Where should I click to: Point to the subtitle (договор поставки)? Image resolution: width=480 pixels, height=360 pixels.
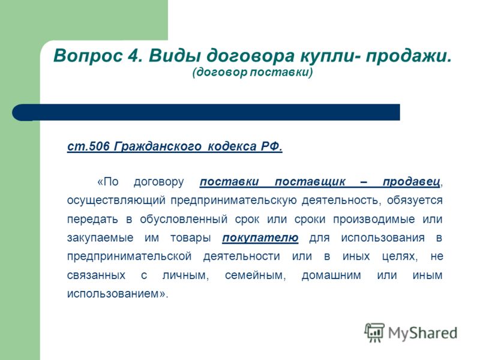(253, 72)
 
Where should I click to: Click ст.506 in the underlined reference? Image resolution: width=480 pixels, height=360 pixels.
(88, 146)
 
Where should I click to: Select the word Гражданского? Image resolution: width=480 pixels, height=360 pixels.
(158, 146)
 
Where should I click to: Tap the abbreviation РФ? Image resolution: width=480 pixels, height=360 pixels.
(272, 146)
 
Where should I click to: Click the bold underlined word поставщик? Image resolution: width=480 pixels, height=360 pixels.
(310, 182)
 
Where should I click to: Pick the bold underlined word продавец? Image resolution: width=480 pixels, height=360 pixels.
(412, 182)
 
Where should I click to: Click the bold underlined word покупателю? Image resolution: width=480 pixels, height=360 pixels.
(260, 238)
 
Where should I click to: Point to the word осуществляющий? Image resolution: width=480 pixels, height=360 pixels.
(116, 200)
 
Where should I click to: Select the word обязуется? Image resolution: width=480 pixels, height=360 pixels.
(415, 200)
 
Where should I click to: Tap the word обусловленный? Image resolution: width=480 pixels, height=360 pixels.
(184, 219)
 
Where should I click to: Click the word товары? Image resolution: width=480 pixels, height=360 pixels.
(191, 238)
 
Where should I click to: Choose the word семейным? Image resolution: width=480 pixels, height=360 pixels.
(256, 275)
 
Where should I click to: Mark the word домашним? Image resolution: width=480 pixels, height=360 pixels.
(331, 275)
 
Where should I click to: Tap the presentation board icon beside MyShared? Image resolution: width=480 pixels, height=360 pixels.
(374, 332)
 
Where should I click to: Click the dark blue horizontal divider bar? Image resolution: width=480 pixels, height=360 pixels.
(206, 112)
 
